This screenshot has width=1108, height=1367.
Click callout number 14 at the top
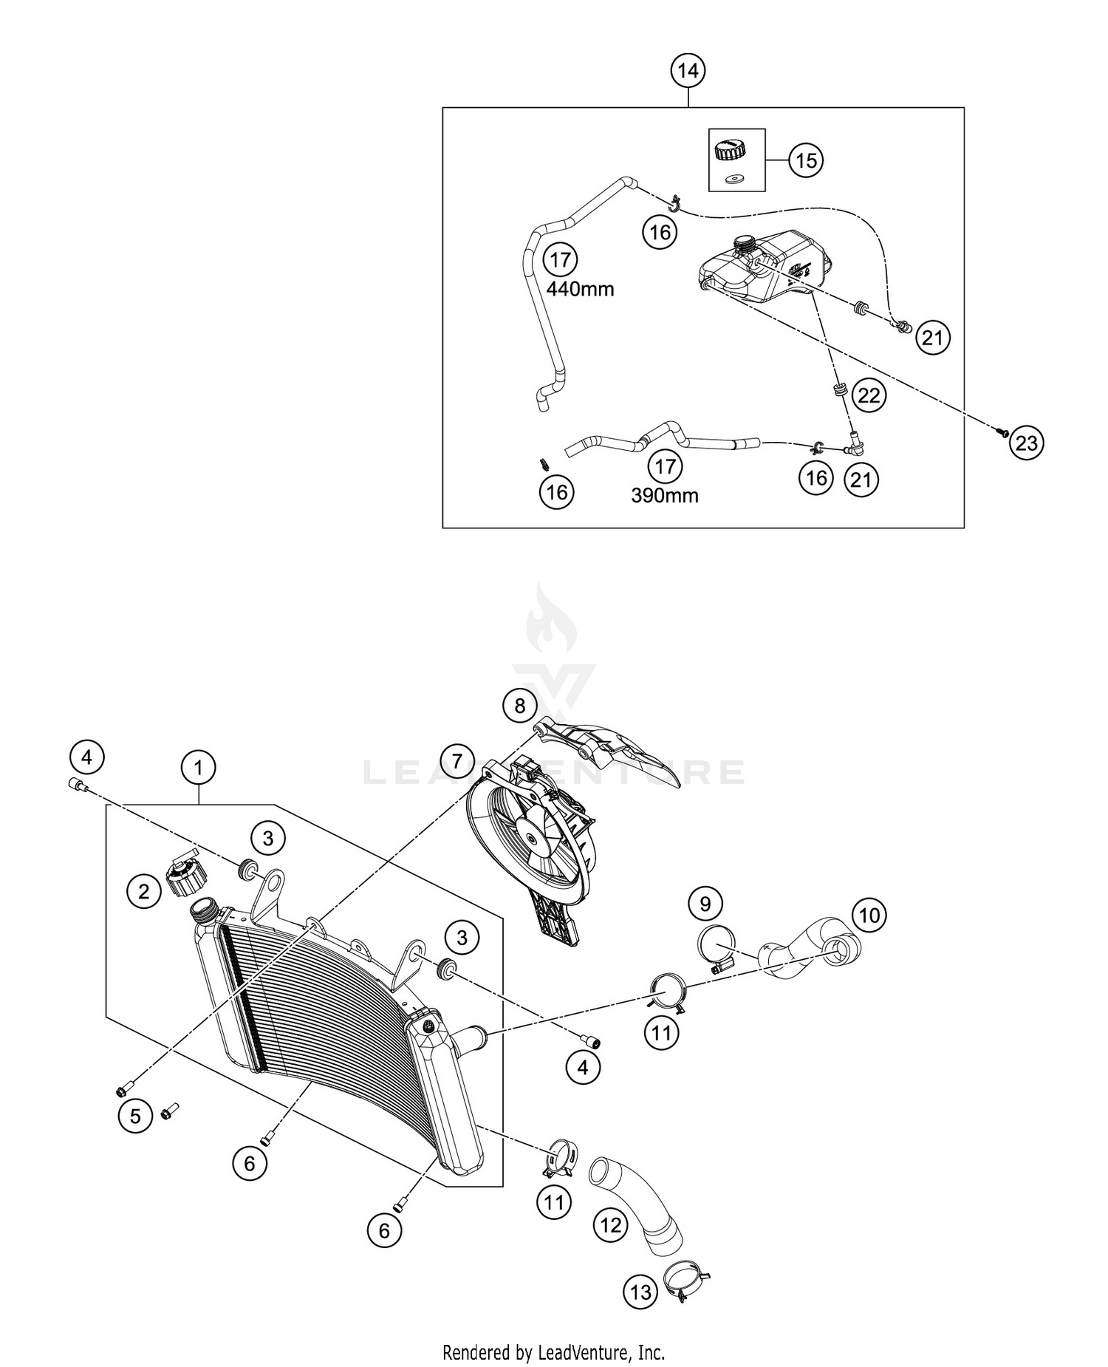[x=688, y=71]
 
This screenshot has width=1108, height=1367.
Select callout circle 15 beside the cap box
[x=806, y=160]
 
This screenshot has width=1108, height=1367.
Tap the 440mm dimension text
[x=580, y=289]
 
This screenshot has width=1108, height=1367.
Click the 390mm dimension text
[x=664, y=495]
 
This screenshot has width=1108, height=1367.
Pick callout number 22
[x=869, y=395]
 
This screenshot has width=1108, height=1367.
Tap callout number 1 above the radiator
[x=198, y=768]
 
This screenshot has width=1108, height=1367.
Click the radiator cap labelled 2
[x=186, y=876]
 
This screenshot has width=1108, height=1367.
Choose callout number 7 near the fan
[x=456, y=760]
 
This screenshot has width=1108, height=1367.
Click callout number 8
[x=519, y=706]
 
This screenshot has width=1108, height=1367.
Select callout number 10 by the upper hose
[x=869, y=916]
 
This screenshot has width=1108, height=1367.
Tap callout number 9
[x=705, y=903]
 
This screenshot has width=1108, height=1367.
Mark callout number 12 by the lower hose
[x=610, y=1225]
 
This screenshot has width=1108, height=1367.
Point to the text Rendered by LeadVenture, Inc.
[x=553, y=1352]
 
